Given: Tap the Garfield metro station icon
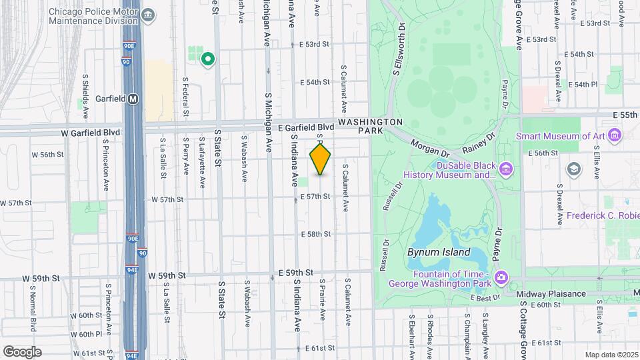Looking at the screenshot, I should [x=133, y=99].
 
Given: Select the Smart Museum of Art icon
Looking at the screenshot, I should [x=614, y=136].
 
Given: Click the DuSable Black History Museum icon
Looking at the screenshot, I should [x=506, y=169].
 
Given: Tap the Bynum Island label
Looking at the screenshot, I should [x=439, y=253].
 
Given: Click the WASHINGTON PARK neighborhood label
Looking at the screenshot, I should [x=370, y=127].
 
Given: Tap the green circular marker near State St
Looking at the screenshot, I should [x=208, y=59].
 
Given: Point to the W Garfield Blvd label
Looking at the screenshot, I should [x=91, y=133].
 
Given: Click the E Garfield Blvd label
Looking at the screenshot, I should [x=305, y=127].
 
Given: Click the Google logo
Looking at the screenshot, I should [x=21, y=352].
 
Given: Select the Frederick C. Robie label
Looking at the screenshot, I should [x=603, y=215].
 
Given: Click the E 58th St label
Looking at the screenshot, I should [x=315, y=234].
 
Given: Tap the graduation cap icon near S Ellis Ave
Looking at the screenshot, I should [x=573, y=169].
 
